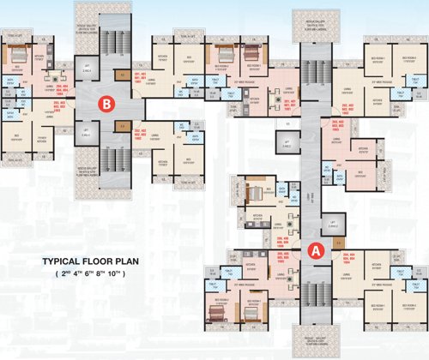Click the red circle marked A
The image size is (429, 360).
315,251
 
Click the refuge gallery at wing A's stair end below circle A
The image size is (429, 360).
312,338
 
